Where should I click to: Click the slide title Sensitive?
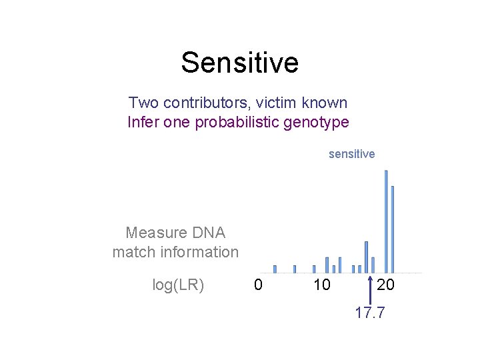pos(239,63)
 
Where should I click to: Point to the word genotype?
pos(318,123)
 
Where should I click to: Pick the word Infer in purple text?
pos(142,123)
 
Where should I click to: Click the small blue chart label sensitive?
pos(351,154)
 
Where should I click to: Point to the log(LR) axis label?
pos(178,285)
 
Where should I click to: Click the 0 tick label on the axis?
pos(258,285)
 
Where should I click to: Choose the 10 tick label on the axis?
pos(321,285)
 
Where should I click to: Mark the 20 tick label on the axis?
pos(385,285)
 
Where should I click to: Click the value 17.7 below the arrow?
pos(370,313)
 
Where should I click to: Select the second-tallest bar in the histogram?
pos(393,229)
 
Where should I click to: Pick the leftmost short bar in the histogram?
pos(275,269)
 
